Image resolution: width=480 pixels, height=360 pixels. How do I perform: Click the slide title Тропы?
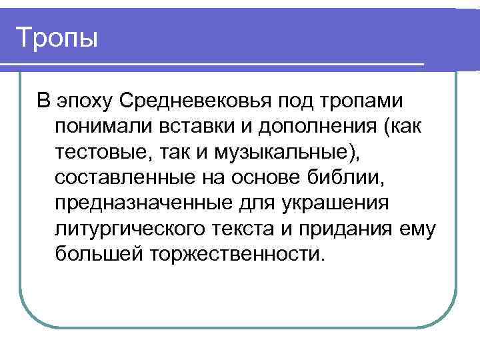coord(57,37)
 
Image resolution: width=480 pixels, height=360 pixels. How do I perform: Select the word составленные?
coord(122,178)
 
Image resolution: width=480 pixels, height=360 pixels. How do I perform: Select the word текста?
coord(246,229)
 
